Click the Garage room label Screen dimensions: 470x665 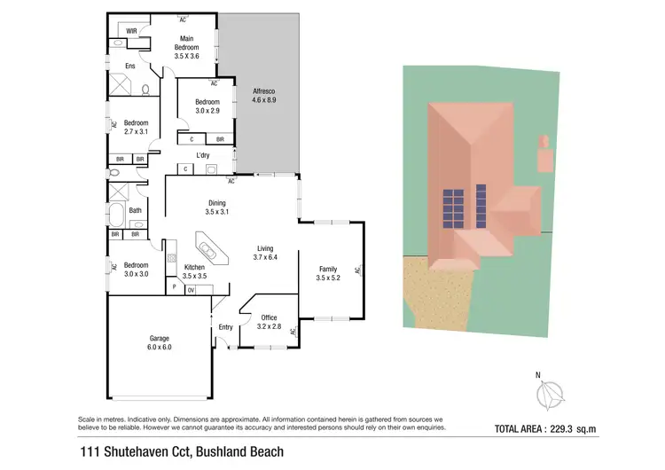coord(159,338)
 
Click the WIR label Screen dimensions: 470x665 coord(131,31)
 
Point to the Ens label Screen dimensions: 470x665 coord(129,67)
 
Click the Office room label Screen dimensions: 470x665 coord(269,317)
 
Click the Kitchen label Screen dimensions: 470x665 coord(194,268)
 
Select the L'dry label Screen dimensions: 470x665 coord(203,155)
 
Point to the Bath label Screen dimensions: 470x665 coord(135,210)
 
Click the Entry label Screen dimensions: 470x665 coord(226,327)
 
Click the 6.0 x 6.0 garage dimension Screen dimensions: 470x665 coord(159,348)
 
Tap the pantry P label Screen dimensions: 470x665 coord(175,288)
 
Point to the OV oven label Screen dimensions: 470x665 coord(191,289)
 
